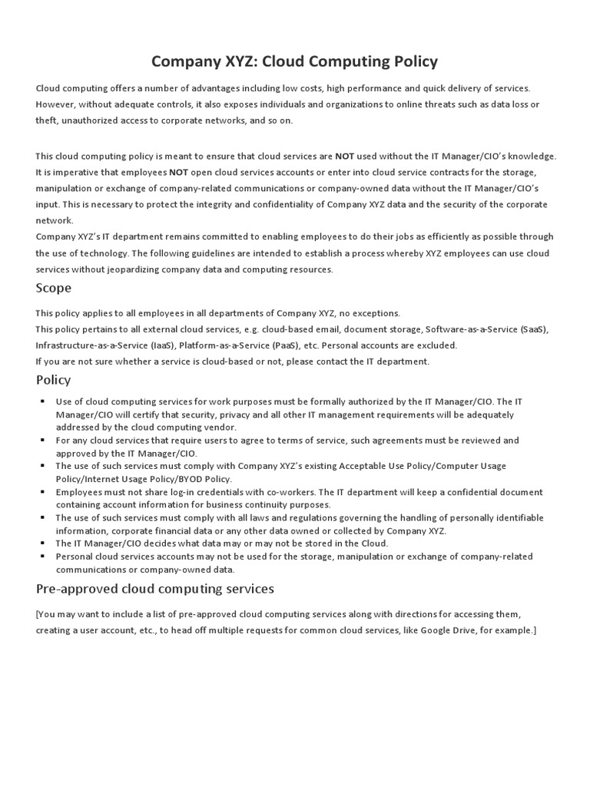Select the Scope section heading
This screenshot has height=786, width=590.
[54, 288]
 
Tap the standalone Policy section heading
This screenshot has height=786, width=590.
[54, 379]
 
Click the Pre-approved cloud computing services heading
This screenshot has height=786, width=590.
[155, 589]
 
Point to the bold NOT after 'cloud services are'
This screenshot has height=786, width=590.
[345, 156]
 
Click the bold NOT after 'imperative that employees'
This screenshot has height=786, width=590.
[179, 172]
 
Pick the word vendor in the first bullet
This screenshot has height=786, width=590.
[219, 427]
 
